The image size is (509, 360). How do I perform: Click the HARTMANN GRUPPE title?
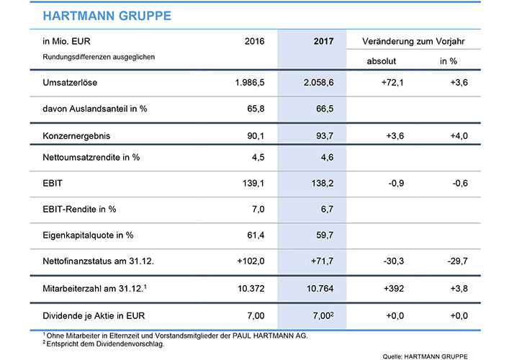[107, 16]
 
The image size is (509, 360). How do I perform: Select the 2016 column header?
[255, 41]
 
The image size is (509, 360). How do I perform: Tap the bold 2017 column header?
[323, 41]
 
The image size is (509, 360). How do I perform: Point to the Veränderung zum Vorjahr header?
[413, 42]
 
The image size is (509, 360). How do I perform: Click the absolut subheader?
[382, 61]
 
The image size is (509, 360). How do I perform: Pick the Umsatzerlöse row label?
[70, 83]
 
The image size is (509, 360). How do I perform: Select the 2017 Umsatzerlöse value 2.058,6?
[318, 83]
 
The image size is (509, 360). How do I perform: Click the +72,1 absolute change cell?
[392, 83]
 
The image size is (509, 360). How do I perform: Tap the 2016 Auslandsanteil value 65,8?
[256, 109]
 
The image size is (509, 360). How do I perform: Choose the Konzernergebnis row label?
[76, 136]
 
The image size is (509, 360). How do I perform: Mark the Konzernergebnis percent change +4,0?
[459, 135]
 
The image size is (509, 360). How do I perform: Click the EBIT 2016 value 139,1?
[253, 183]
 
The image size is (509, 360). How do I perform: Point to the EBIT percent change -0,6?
[460, 183]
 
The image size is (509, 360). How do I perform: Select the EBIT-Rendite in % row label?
[79, 209]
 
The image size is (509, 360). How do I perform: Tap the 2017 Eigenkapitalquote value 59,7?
[325, 235]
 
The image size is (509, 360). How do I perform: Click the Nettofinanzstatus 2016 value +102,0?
[251, 261]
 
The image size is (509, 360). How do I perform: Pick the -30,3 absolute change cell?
[393, 261]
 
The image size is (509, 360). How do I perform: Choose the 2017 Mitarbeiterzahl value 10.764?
[320, 288]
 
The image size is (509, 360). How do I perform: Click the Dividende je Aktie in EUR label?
[94, 316]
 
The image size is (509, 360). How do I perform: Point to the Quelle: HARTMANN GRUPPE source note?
[425, 356]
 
